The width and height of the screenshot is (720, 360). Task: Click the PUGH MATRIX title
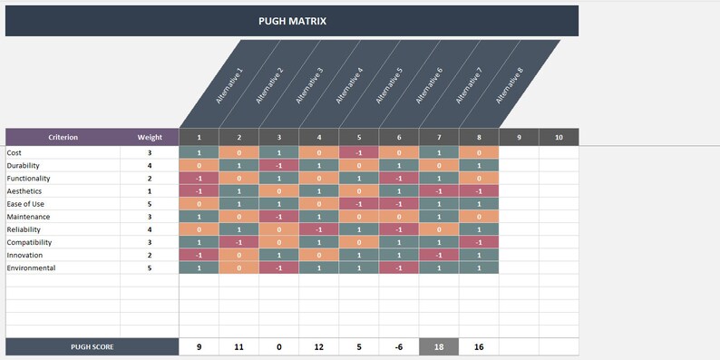pos(292,20)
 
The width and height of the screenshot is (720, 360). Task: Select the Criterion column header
pos(63,138)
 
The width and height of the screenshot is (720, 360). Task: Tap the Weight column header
pos(150,138)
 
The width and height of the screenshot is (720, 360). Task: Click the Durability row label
pos(23,166)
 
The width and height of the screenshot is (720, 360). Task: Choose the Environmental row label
pos(31,268)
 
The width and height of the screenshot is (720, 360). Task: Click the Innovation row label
pos(25,256)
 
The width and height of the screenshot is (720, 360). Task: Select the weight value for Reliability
pos(150,230)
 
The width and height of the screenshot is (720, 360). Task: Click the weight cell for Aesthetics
pos(150,191)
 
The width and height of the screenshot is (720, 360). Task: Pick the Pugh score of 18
pos(439,347)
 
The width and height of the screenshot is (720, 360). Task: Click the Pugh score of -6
pos(399,347)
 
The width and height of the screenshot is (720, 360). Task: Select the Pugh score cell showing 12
pos(319,347)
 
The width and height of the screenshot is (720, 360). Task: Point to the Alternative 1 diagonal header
pos(229,86)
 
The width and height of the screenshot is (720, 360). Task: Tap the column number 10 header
pos(559,138)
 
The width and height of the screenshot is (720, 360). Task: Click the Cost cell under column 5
pos(359,153)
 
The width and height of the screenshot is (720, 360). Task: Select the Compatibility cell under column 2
pos(239,243)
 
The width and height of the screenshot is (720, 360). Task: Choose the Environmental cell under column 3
pos(279,268)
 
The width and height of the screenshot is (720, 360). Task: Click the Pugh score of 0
pos(279,347)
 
